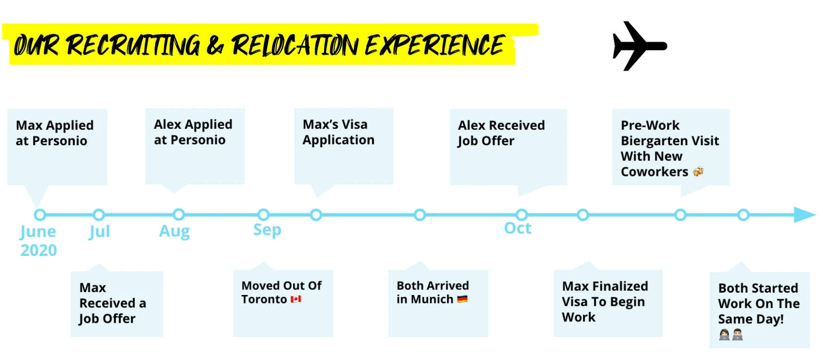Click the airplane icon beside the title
(x=638, y=46)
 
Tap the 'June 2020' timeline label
(x=38, y=240)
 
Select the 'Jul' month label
(x=99, y=231)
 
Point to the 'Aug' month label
(x=174, y=231)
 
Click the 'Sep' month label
(x=267, y=230)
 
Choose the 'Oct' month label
(x=517, y=228)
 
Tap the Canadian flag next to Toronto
(x=296, y=299)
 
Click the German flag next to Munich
(x=462, y=299)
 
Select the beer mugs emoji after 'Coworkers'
(x=698, y=172)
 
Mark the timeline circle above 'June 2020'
(x=40, y=215)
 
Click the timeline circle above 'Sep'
(x=263, y=215)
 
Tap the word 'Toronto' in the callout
(x=264, y=299)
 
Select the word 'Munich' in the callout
(x=432, y=299)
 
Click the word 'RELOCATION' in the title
(x=294, y=46)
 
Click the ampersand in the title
(x=215, y=46)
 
